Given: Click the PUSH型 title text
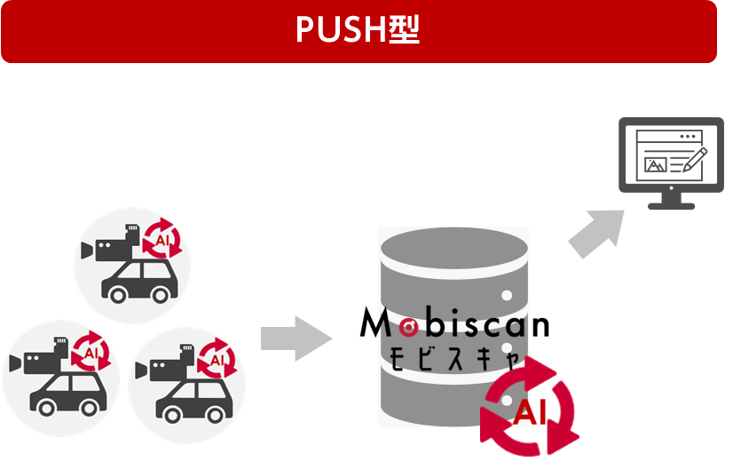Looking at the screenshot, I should pos(358,30).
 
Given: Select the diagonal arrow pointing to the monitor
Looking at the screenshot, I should pos(594,232).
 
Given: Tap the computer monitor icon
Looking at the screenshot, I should pos(670,161).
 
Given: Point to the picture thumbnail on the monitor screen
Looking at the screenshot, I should pos(656,164).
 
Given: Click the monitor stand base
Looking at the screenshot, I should pos(671,205).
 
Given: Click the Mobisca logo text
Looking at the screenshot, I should pos(453,325).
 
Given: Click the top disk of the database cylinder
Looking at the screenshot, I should pos(453,249).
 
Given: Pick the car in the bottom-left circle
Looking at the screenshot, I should pos(65,392).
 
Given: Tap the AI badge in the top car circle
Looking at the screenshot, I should pos(163,239).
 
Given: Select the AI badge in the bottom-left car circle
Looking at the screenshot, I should pos(91,352).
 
